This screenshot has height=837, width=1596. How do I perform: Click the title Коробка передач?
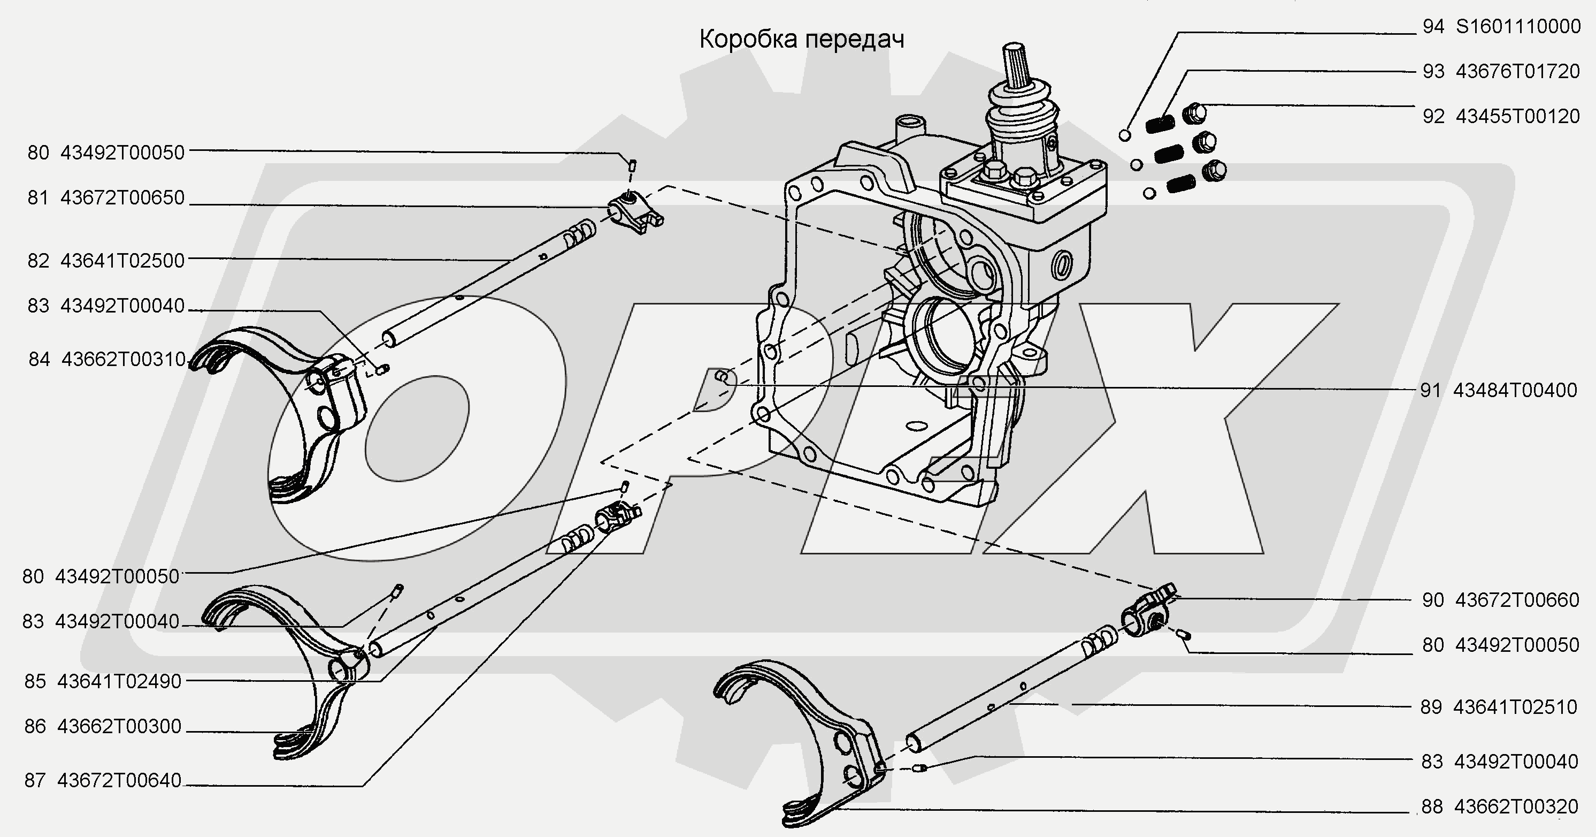pos(802,40)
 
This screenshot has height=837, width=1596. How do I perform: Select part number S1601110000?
pos(1518,27)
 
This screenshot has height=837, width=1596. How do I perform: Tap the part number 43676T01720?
pos(1518,71)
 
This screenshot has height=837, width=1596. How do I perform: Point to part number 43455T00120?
pos(1518,116)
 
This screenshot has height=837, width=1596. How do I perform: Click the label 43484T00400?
pos(1515,390)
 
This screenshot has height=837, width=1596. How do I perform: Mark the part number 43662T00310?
pos(124,359)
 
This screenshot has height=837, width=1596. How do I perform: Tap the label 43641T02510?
pos(1515,707)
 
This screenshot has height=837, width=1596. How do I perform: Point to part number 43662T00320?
pos(1516,806)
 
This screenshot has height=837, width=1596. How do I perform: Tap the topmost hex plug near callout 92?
pos(1194,113)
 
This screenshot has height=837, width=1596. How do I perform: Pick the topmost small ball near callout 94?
pos(1125,135)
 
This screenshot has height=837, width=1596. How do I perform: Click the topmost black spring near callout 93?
pos(1158,124)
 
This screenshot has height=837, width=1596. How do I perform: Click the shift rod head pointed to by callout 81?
pos(634,212)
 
